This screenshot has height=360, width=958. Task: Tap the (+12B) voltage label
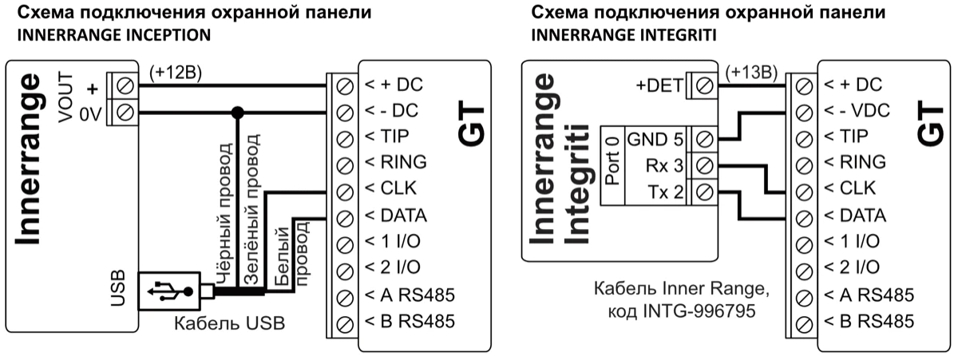176,72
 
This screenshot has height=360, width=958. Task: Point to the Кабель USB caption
220,325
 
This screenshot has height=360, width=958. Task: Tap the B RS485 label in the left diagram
410,322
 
